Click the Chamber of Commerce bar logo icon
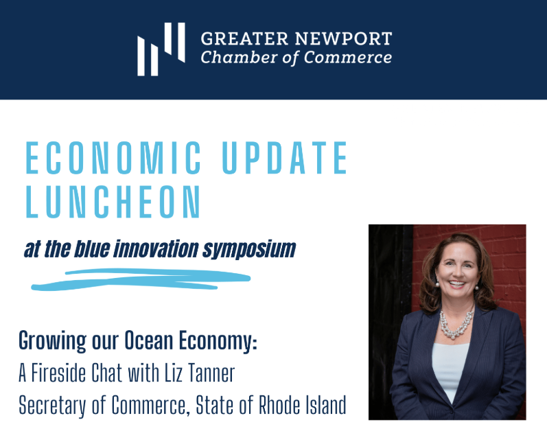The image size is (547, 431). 161,49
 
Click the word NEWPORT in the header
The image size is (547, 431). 344,38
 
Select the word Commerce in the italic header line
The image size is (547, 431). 348,58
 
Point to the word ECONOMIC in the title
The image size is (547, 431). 113,158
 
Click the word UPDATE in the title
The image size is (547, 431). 285,158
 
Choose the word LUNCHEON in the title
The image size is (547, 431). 113,202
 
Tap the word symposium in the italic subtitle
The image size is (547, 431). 249,250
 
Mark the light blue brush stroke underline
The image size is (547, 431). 141,279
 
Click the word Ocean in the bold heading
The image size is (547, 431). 149,340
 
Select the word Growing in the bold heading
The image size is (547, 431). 52,341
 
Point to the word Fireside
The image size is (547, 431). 58,373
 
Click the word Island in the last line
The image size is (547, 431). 326,405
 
